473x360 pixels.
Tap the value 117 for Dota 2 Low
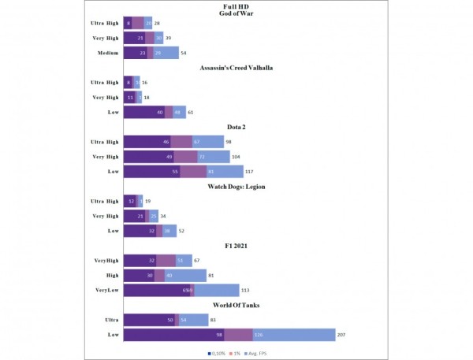pos(249,171)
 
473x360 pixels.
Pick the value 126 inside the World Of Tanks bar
pos(258,335)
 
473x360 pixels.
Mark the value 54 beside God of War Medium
pos(184,53)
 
